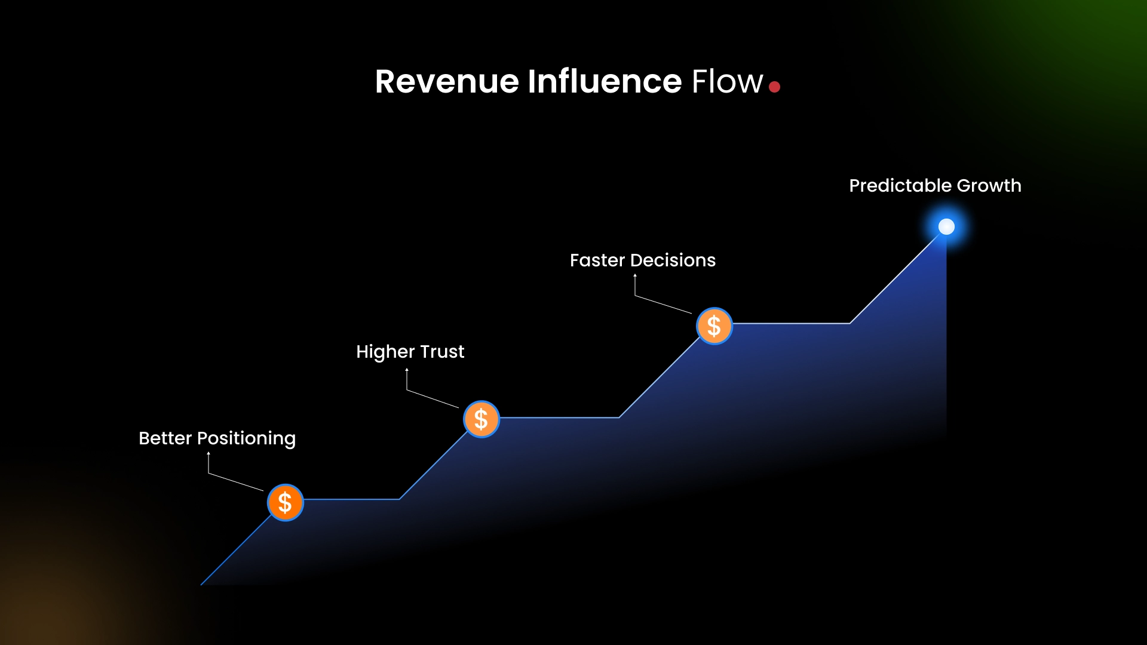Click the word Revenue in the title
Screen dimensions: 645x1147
tap(446, 82)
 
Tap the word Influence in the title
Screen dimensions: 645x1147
tap(604, 82)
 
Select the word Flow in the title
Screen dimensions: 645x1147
tap(727, 82)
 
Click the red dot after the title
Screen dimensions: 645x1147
tap(775, 87)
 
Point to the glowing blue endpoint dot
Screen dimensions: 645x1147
tap(946, 227)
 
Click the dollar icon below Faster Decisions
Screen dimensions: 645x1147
tap(714, 326)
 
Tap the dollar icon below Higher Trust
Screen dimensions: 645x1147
tap(481, 419)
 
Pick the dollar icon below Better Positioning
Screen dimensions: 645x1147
tap(285, 502)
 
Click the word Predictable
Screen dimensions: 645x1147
tap(900, 186)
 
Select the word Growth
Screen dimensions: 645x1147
tap(989, 186)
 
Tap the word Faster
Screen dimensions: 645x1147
tap(597, 260)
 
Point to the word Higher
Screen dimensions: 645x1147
tap(385, 352)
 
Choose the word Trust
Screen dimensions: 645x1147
tap(442, 352)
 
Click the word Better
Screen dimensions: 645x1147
tap(165, 438)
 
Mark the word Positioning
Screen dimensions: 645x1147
tap(246, 439)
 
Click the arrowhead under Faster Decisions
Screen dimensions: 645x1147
tap(635, 275)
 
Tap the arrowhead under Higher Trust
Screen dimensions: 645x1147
tap(407, 370)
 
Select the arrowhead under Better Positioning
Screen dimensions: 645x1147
tap(208, 454)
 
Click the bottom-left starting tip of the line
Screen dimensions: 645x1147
tap(202, 584)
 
